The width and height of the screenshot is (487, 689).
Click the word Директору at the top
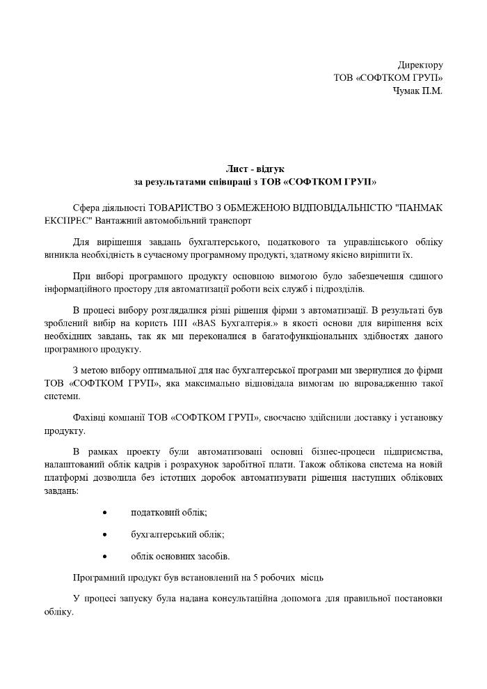(x=420, y=65)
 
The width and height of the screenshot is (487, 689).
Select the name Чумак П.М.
(x=418, y=91)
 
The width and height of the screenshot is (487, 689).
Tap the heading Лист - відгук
(x=255, y=169)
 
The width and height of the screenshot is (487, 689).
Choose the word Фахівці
(x=89, y=417)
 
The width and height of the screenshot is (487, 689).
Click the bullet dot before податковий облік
(x=104, y=513)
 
